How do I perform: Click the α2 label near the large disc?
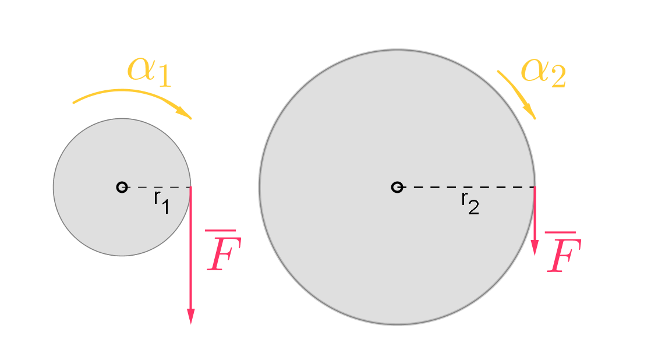tap(543, 72)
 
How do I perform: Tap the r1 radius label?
tap(161, 202)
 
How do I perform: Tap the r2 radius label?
tap(470, 202)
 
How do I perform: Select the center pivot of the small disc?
tap(122, 187)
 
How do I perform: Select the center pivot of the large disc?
tap(397, 187)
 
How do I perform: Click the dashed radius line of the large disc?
tap(466, 187)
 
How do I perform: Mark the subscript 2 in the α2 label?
tap(557, 78)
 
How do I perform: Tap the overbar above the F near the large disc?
tap(560, 232)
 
